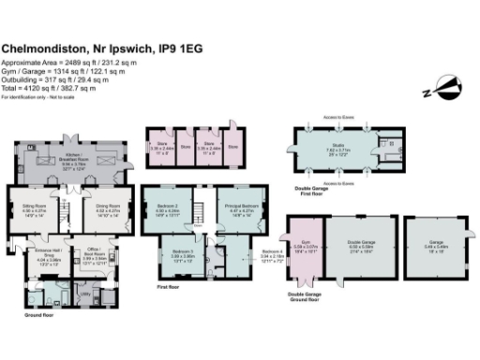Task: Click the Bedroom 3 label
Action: pos(182,253)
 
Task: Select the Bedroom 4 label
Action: pos(271,253)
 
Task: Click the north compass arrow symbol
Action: pos(448,90)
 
